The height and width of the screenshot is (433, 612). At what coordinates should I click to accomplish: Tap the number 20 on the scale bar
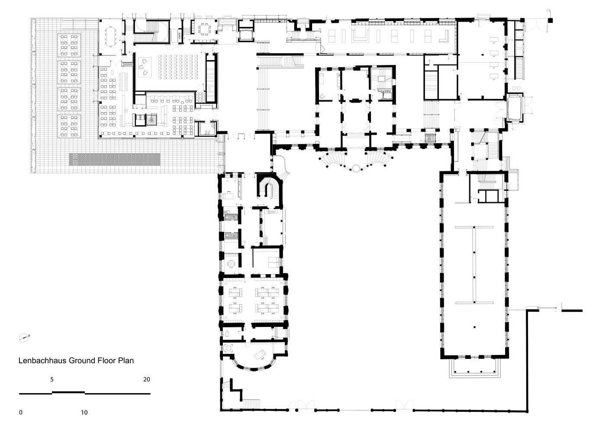147,379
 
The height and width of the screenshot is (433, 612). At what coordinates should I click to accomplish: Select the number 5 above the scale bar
52,379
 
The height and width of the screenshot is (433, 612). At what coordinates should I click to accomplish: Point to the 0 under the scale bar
21,412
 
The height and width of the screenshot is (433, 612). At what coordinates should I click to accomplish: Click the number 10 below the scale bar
84,412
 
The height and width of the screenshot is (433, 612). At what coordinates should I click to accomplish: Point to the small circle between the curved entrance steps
356,168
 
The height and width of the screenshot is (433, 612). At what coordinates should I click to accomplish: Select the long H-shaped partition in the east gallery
474,264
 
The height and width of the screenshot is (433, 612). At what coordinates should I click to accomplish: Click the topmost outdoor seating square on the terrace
70,45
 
